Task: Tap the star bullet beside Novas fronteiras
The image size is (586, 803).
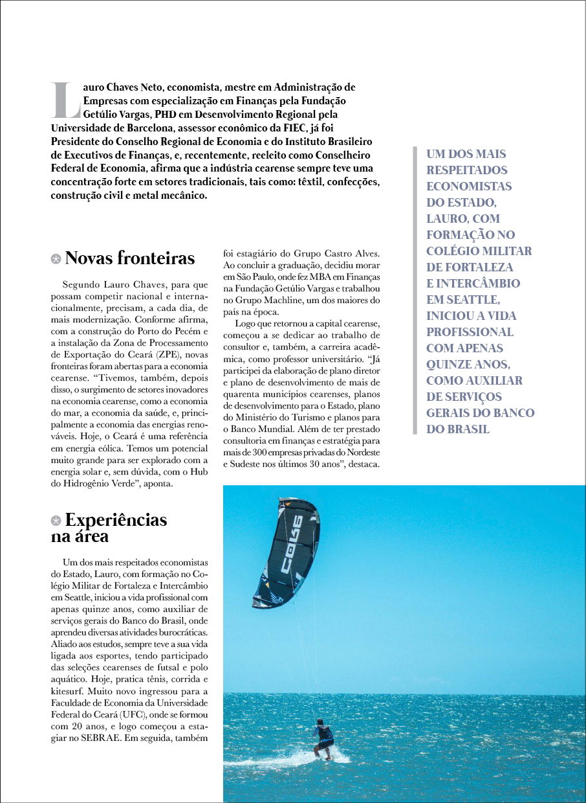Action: [x=56, y=259]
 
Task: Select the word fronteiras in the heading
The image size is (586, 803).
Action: [x=155, y=258]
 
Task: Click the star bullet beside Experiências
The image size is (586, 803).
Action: [x=56, y=520]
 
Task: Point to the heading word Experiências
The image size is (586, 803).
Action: [x=116, y=520]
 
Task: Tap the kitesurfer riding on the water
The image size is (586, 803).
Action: [x=324, y=738]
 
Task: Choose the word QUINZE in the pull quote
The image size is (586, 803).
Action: [x=451, y=364]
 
